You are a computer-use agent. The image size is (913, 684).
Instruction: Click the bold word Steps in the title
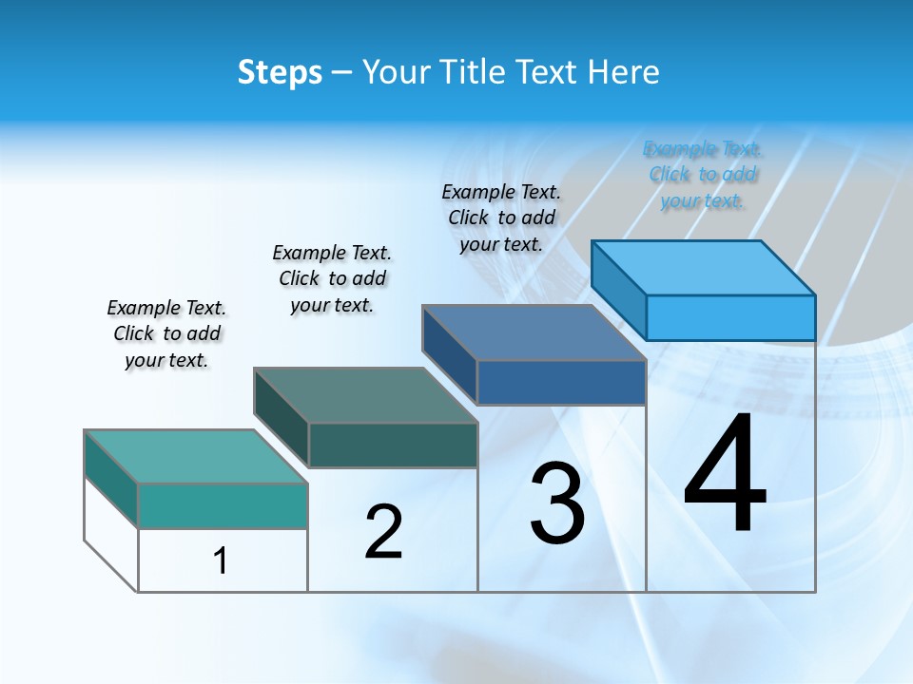coord(280,72)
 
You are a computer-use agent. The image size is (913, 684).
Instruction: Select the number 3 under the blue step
coord(557,503)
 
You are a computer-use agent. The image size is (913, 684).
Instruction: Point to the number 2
coord(383,532)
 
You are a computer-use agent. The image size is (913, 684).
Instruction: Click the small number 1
coord(221,561)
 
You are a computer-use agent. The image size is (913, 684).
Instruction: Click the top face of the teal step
coord(195,456)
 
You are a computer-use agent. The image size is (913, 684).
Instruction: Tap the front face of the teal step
coord(223,505)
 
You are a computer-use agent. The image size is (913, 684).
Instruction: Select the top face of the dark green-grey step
coord(365,394)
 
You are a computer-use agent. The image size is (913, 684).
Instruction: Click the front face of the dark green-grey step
coord(393,445)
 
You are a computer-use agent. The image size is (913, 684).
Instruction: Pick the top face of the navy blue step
coord(534,332)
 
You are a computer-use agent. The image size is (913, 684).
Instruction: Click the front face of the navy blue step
coord(561,382)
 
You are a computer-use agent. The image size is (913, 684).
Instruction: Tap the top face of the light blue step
coord(704,267)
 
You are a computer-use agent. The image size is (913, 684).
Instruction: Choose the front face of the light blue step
coord(730,317)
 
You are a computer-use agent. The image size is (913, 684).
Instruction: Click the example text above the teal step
coord(166,333)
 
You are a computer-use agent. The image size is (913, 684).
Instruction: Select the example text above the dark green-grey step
coord(332,278)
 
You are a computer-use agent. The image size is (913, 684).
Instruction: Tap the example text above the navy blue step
coord(501,218)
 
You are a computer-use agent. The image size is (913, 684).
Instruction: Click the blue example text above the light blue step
coord(703,175)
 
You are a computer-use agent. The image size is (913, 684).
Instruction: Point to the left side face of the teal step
coord(111,479)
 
